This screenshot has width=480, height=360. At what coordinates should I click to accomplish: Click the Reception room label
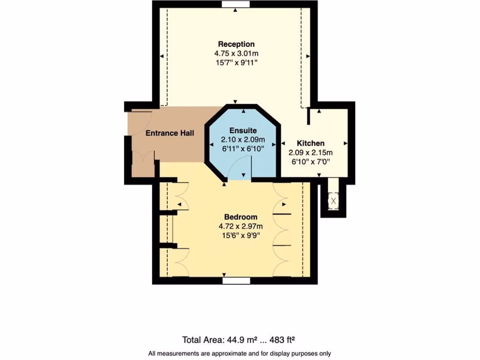236,45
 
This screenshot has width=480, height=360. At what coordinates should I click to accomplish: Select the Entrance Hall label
169,133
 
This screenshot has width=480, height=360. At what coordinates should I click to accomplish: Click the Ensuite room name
243,130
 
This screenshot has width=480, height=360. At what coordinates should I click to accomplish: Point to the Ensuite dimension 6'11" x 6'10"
243,148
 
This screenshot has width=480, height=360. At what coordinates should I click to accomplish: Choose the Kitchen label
310,143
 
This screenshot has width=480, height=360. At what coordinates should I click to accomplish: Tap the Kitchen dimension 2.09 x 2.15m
310,152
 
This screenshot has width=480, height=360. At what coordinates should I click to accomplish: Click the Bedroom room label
240,217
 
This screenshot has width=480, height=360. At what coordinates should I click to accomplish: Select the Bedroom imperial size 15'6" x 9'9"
240,235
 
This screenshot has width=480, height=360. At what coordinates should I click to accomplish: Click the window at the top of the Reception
236,5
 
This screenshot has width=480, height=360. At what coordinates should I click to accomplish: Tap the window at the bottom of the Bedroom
236,281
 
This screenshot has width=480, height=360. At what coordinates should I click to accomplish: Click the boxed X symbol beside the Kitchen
333,201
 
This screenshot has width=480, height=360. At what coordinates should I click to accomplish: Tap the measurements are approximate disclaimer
240,353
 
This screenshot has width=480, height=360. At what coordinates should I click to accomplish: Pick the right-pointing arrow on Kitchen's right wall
346,143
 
